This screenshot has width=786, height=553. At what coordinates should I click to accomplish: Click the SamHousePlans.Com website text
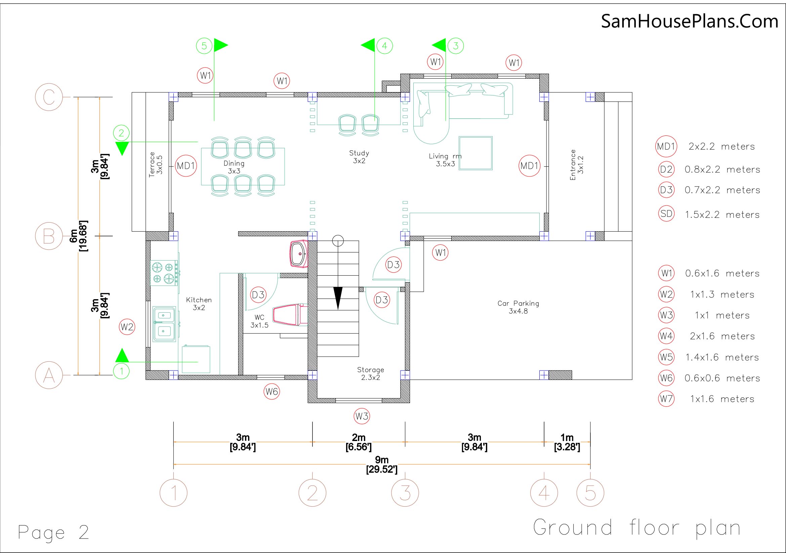coord(690,21)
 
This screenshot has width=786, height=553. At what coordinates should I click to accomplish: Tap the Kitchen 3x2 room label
coord(199,304)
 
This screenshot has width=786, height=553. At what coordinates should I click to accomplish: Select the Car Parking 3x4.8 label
coord(518,307)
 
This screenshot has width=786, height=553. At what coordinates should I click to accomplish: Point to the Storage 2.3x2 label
coord(370,373)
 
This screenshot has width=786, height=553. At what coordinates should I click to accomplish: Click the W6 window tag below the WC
coord(272,391)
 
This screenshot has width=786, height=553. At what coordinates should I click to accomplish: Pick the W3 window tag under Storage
coord(362,417)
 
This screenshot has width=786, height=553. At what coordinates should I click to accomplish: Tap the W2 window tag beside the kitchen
coord(127,327)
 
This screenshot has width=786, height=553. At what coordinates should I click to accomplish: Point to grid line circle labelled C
coord(49,97)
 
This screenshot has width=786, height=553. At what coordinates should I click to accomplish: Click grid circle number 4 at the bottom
coord(544,493)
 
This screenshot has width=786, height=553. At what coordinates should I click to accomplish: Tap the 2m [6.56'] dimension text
coord(359,442)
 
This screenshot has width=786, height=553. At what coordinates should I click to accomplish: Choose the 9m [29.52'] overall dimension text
coord(382,464)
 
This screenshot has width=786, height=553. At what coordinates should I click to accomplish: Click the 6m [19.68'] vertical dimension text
coord(79,236)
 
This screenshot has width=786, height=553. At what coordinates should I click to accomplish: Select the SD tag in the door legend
coord(666,214)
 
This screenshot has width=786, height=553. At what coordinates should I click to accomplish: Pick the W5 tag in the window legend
coord(666,357)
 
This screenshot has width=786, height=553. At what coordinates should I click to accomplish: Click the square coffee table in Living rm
coord(475,153)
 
